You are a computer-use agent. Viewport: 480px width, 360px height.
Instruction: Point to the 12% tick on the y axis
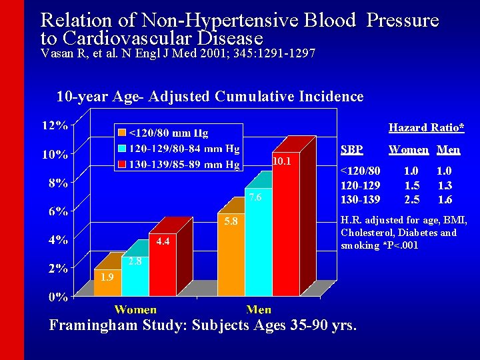(x=55, y=125)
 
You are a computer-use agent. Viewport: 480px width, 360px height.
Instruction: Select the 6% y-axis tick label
(x=57, y=211)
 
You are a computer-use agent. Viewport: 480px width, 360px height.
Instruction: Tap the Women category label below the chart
(x=135, y=309)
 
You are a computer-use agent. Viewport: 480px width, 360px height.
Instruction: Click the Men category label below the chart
(x=259, y=309)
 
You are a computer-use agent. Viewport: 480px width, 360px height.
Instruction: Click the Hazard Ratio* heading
(x=426, y=127)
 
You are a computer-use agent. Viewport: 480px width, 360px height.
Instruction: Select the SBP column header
(x=352, y=150)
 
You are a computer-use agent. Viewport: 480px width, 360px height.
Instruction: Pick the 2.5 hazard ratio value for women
(x=412, y=199)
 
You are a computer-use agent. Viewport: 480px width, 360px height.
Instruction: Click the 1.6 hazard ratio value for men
(x=444, y=199)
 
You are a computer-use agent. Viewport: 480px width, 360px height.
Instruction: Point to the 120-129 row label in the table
(x=360, y=187)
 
